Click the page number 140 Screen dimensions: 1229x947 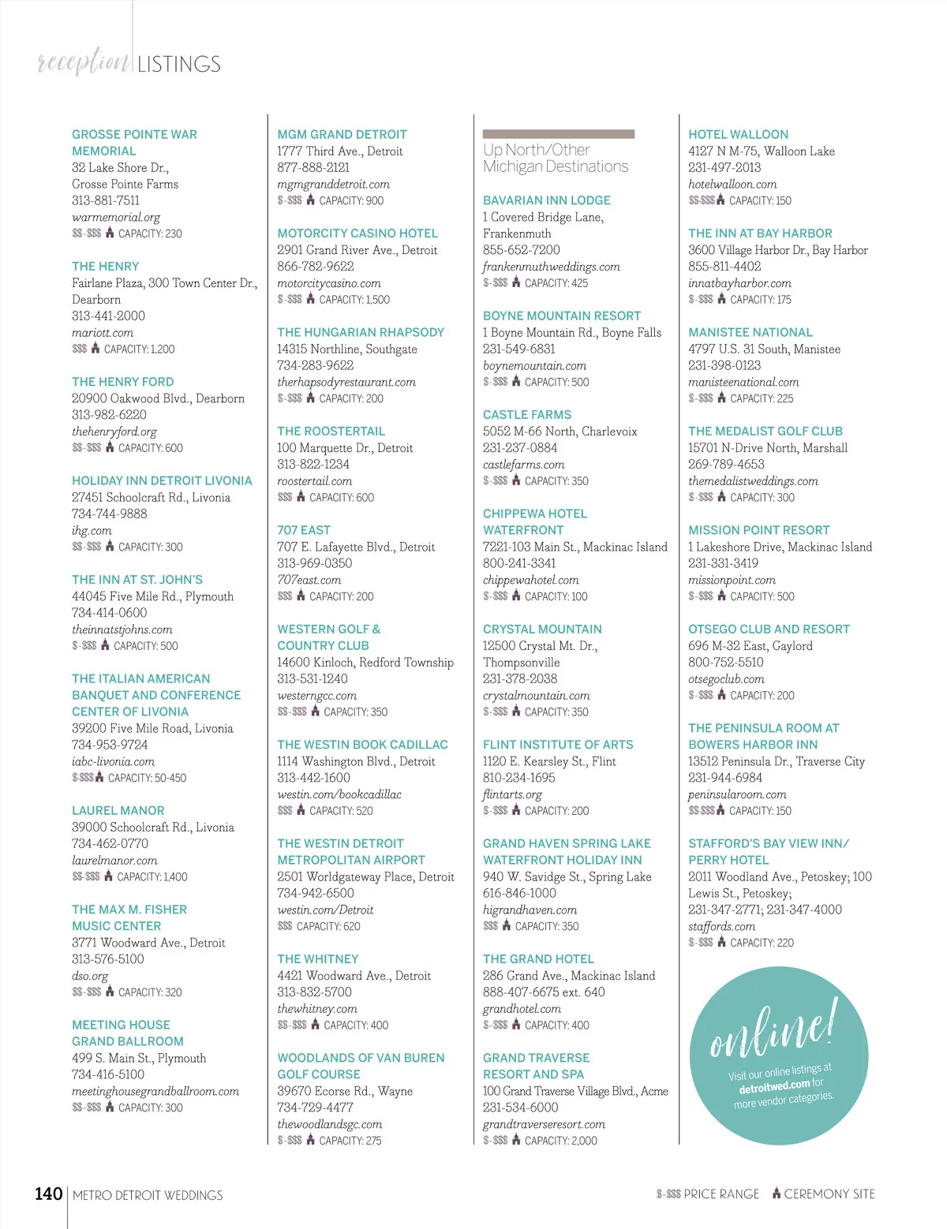[x=48, y=1194]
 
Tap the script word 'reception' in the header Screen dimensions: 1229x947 [x=84, y=62]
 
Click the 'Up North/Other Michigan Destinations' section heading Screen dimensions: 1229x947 [x=556, y=159]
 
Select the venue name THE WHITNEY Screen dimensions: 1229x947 [x=317, y=958]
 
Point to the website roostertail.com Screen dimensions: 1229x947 [x=314, y=480]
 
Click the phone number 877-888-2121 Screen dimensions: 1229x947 [x=313, y=167]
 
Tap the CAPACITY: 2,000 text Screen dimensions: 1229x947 [x=560, y=1141]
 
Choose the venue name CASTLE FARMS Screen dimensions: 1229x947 [x=526, y=414]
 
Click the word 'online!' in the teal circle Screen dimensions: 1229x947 [x=772, y=1029]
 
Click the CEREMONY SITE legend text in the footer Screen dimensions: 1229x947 [x=829, y=1194]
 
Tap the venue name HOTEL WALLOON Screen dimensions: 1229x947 [x=738, y=134]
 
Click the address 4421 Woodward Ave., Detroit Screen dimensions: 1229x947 [x=354, y=976]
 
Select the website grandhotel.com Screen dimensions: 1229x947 [x=522, y=1008]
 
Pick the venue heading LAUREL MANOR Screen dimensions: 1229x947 [x=118, y=810]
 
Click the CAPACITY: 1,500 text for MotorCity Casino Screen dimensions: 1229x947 [x=354, y=300]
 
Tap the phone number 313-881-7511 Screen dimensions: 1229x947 [x=105, y=200]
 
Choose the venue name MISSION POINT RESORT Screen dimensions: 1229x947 [x=758, y=530]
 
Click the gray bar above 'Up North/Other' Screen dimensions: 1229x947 [x=558, y=134]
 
